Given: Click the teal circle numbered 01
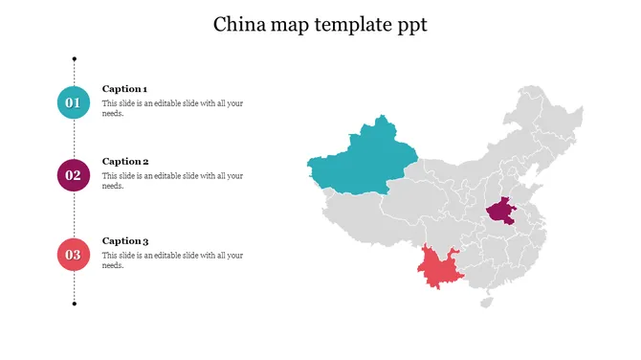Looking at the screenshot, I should [74, 101].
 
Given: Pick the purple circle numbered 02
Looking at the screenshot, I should [74, 175].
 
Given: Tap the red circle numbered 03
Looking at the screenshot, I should [74, 255].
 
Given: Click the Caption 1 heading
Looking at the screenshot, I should [124, 88].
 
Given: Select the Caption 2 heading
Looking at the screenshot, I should [125, 162].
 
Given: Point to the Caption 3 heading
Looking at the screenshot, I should [125, 241].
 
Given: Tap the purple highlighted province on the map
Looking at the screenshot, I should [500, 211].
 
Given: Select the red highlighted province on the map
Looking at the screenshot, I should [441, 269].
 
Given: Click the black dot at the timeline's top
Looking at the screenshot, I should [75, 58].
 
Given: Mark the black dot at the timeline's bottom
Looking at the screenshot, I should [75, 304].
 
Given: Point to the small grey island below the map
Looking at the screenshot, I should [486, 302].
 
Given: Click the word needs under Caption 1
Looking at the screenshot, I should [113, 113].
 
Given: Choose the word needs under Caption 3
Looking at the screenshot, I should [113, 266].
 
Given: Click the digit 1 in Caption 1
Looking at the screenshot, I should [144, 88].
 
